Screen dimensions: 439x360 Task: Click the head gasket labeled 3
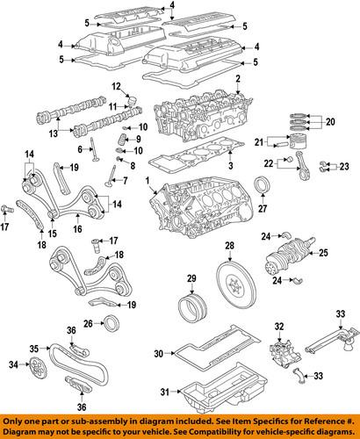tap(189, 166)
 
